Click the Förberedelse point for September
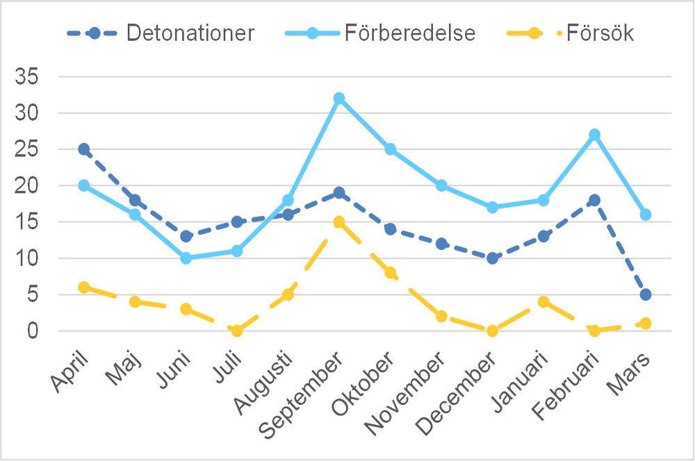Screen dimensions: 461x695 [338, 99]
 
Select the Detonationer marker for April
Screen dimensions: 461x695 [83, 149]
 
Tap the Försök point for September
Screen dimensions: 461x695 [338, 222]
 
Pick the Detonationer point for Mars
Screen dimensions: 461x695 [646, 294]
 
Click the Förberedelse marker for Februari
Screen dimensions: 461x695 [594, 135]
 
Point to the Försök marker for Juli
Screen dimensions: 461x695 [237, 331]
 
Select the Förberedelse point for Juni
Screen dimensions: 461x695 [186, 258]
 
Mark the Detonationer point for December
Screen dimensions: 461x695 [492, 258]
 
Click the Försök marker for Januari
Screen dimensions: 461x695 [543, 302]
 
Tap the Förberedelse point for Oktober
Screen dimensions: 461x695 [390, 149]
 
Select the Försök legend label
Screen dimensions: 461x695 [599, 33]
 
